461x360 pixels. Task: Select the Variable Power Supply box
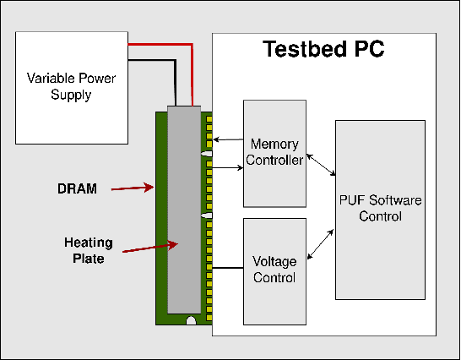[x=71, y=86]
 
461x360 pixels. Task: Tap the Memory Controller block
[x=274, y=153]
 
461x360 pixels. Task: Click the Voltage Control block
[x=274, y=270]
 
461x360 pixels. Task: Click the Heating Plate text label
[x=84, y=251]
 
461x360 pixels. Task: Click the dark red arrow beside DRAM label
[x=131, y=188]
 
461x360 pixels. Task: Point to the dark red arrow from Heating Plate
[x=152, y=247]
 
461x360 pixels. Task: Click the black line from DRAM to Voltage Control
[x=228, y=269]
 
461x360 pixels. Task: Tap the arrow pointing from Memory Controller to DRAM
[x=228, y=139]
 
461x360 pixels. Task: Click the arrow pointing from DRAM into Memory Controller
[x=228, y=167]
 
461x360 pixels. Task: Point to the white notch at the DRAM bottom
[x=192, y=320]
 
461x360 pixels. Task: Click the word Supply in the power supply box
[x=71, y=95]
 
